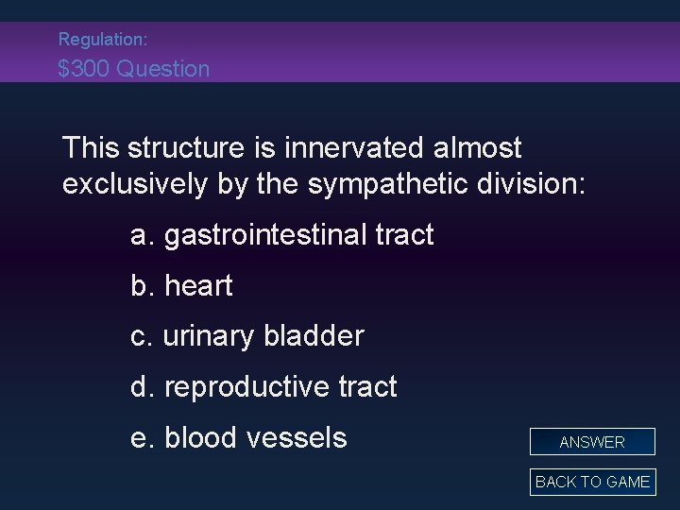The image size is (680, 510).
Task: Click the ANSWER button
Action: point(592,442)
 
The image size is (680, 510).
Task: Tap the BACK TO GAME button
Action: point(592,482)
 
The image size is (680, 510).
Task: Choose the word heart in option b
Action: point(198,286)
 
